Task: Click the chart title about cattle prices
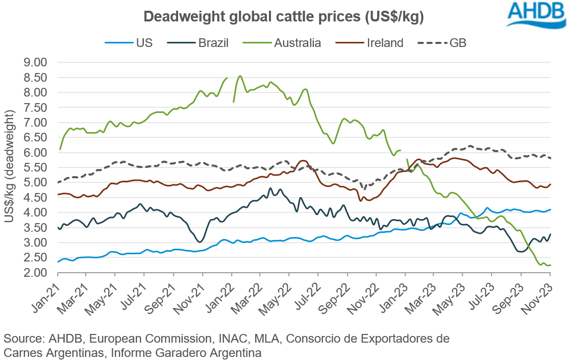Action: point(284,16)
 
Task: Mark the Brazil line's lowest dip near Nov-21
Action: point(200,242)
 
